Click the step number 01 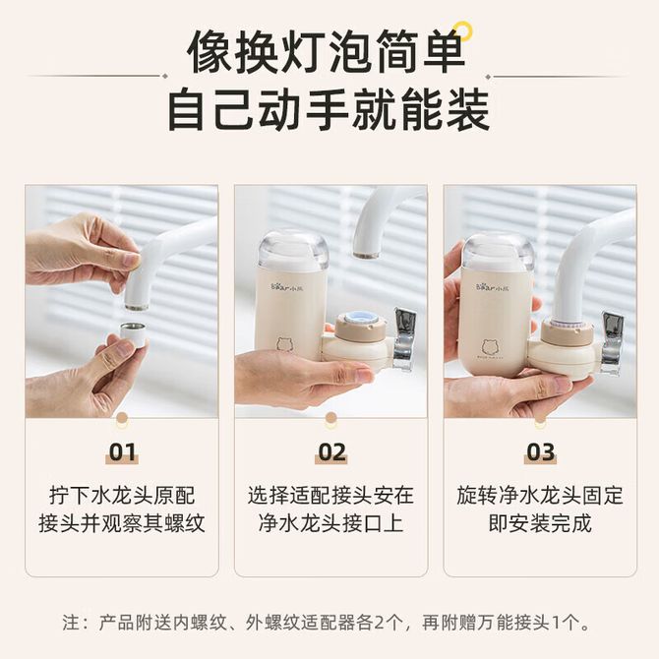coord(122,452)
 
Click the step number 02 coord(331,452)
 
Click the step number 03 coord(541,452)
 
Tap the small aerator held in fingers coord(133,335)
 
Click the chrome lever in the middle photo coord(403,339)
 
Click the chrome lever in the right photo coord(612,343)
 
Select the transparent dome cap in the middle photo coord(293,249)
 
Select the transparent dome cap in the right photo coord(498,251)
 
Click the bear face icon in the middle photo coord(285,343)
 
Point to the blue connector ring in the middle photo coord(359,318)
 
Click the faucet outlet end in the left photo coord(136,306)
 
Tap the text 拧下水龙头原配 coord(122,496)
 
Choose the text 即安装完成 coord(540,523)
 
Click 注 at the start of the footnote coord(71,623)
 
